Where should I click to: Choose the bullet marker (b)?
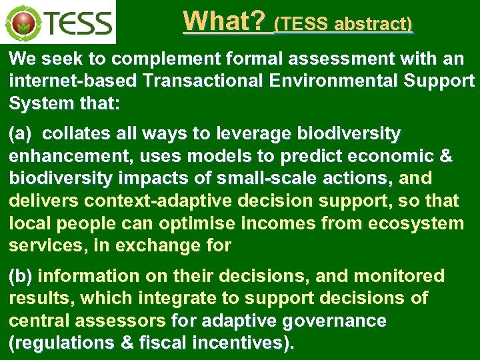(21, 276)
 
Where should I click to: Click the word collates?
(81, 134)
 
